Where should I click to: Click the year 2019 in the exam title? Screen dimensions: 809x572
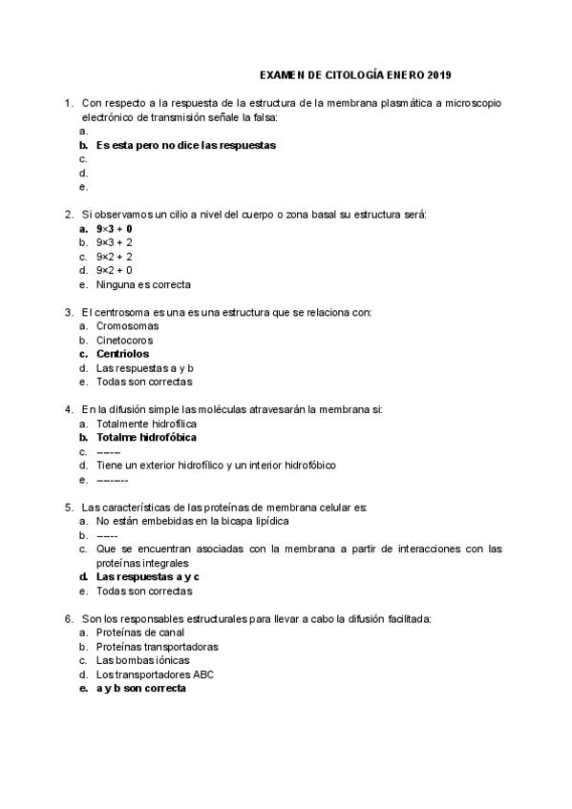pos(440,74)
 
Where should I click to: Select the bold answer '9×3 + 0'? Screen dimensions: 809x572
pos(114,229)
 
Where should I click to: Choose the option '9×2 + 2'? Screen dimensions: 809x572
pos(114,257)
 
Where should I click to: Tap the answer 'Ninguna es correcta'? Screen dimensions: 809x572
pos(143,284)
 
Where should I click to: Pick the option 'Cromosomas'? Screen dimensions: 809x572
pos(127,326)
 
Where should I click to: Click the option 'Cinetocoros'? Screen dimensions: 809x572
pos(124,340)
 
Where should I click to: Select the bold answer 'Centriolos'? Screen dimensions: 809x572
pos(122,354)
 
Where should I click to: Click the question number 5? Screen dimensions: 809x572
pos(69,507)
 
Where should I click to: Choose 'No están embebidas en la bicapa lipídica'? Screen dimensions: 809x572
pos(191,521)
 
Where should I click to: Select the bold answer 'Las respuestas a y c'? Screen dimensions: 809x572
pos(147,577)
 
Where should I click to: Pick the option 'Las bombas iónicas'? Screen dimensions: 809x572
pos(142,660)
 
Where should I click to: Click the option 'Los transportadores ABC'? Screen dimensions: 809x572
pos(155,674)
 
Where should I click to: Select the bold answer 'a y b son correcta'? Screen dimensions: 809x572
pos(140,688)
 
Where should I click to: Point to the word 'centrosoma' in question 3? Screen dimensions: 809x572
pos(121,312)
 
